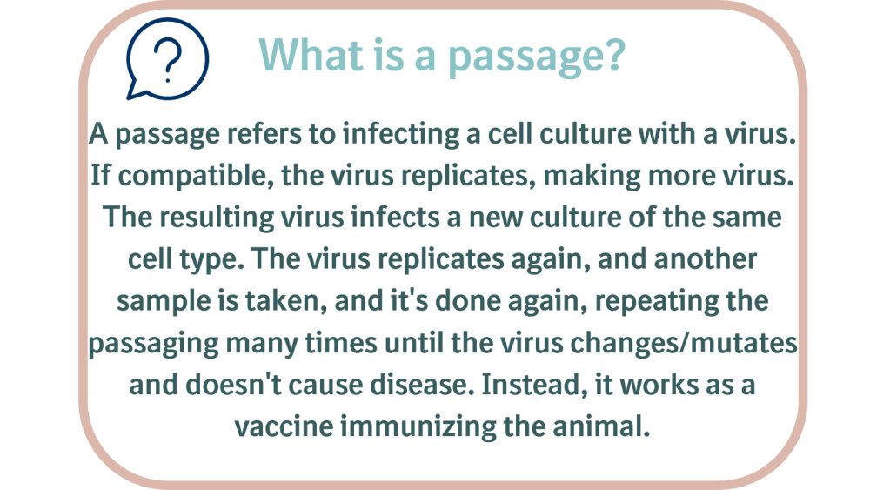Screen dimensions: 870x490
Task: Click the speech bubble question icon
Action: pyautogui.click(x=167, y=59)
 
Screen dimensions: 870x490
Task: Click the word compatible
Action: pyautogui.click(x=195, y=177)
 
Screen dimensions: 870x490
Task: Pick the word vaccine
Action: pyautogui.click(x=284, y=426)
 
